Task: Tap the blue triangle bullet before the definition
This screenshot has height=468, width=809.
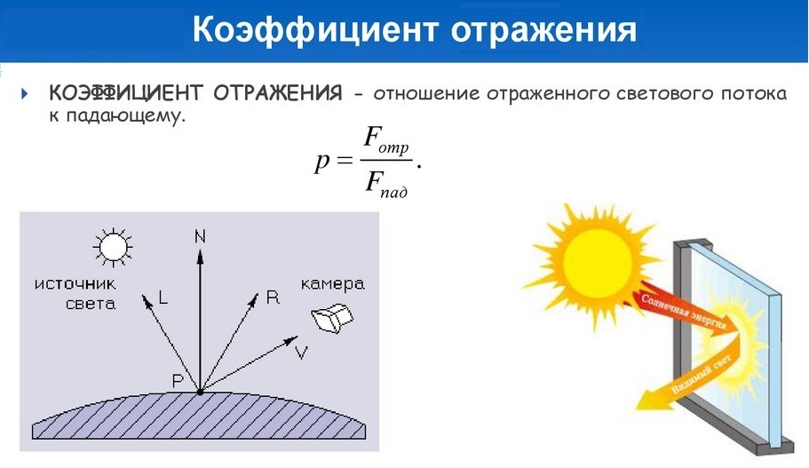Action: (x=25, y=93)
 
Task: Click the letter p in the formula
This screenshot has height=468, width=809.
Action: (x=321, y=161)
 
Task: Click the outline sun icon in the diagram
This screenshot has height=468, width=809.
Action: (x=113, y=245)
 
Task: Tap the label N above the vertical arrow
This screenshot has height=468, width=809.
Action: (x=199, y=235)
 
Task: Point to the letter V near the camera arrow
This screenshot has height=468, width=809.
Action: (x=301, y=353)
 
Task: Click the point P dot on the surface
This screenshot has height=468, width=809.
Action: (x=200, y=391)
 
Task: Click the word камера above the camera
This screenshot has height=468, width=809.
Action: (x=332, y=284)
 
